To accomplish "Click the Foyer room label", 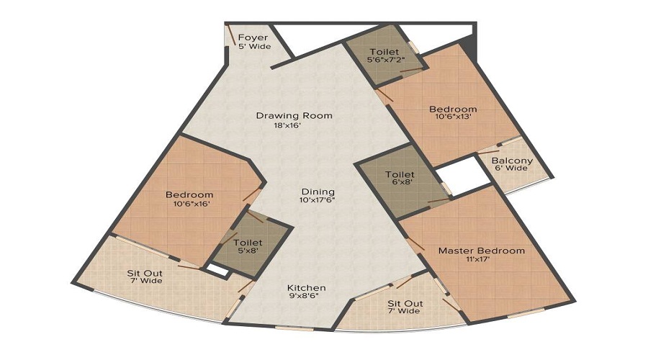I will (253, 37).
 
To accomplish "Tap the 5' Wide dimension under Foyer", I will (254, 46).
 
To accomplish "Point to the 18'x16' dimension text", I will (287, 125).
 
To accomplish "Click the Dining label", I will (318, 191).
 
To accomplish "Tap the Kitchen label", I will (307, 287).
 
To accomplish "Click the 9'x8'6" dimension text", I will (307, 296).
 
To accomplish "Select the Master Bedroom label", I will (482, 251).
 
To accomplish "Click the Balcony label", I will (512, 161).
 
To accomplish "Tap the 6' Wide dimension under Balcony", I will (512, 168).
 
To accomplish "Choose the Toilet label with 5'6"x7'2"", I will (384, 52).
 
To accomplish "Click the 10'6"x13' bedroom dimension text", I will (453, 119).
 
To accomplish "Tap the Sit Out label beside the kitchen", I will (405, 303).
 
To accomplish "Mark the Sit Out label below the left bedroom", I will (145, 273).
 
